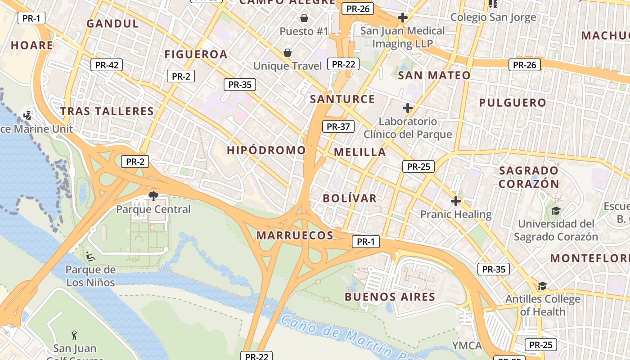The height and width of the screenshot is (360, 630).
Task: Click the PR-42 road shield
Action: coord(107,65)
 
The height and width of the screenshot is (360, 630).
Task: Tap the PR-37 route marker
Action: coord(338,126)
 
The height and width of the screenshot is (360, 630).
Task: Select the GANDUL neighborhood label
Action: coord(112,24)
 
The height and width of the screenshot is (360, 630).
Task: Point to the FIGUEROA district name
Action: coord(196,54)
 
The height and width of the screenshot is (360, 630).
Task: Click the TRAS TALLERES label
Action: coord(107,111)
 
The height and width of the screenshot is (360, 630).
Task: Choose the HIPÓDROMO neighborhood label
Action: coord(266,150)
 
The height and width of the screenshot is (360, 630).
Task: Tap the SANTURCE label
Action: coord(342,99)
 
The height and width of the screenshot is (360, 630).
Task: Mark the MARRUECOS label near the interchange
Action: coord(295,235)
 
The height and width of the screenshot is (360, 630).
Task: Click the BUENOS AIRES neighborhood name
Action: coord(390,297)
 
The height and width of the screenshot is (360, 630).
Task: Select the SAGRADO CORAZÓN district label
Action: coord(529,177)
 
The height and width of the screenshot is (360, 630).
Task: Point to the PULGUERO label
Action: coord(513,103)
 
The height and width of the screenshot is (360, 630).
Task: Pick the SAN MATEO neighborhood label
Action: coord(434,75)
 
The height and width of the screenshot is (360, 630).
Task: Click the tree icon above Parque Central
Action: coord(153,196)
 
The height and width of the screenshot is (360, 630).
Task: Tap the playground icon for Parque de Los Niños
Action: coord(90,256)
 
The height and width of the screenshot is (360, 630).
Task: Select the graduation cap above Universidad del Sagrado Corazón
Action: coord(556,211)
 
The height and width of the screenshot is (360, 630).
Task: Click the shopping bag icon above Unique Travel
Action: coord(288,53)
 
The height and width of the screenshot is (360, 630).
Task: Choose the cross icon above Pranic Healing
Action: coord(456,201)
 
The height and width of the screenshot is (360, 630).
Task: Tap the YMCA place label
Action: coord(467,346)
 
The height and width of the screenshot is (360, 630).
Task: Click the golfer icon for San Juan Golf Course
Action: coord(75,335)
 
